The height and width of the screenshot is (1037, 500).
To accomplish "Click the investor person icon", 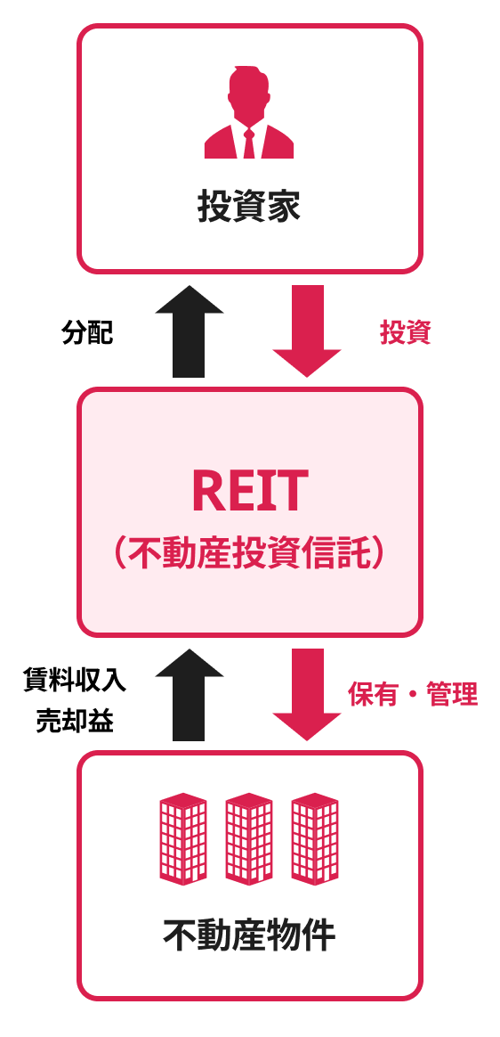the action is (x=249, y=112).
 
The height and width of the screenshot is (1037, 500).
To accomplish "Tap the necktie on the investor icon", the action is (x=249, y=143).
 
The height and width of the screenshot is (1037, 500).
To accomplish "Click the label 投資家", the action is (x=249, y=207).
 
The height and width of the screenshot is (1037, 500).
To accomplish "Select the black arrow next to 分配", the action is (x=189, y=331).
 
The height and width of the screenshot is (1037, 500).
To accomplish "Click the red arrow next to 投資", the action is (x=307, y=331).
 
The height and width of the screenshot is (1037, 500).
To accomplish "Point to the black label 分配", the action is (x=87, y=332).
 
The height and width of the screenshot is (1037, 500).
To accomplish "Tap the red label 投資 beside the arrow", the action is (x=406, y=332).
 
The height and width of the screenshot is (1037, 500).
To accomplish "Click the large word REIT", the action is (x=250, y=492).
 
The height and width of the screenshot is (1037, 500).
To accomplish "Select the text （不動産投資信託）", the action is (x=249, y=553).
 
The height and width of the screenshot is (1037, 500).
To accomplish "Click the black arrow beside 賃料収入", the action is (x=189, y=694).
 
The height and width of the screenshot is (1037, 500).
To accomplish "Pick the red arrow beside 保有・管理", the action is (x=307, y=694).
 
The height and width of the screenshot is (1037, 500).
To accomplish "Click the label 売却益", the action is (x=75, y=722).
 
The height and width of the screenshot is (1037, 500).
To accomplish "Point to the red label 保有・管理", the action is (x=413, y=694).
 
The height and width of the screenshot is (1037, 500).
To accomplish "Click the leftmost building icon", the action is (x=183, y=838).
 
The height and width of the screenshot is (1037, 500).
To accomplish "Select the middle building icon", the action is (x=249, y=838).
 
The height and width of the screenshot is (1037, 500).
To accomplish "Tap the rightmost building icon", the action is (x=315, y=838).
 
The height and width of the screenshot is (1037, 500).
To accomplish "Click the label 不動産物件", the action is (x=249, y=935).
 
